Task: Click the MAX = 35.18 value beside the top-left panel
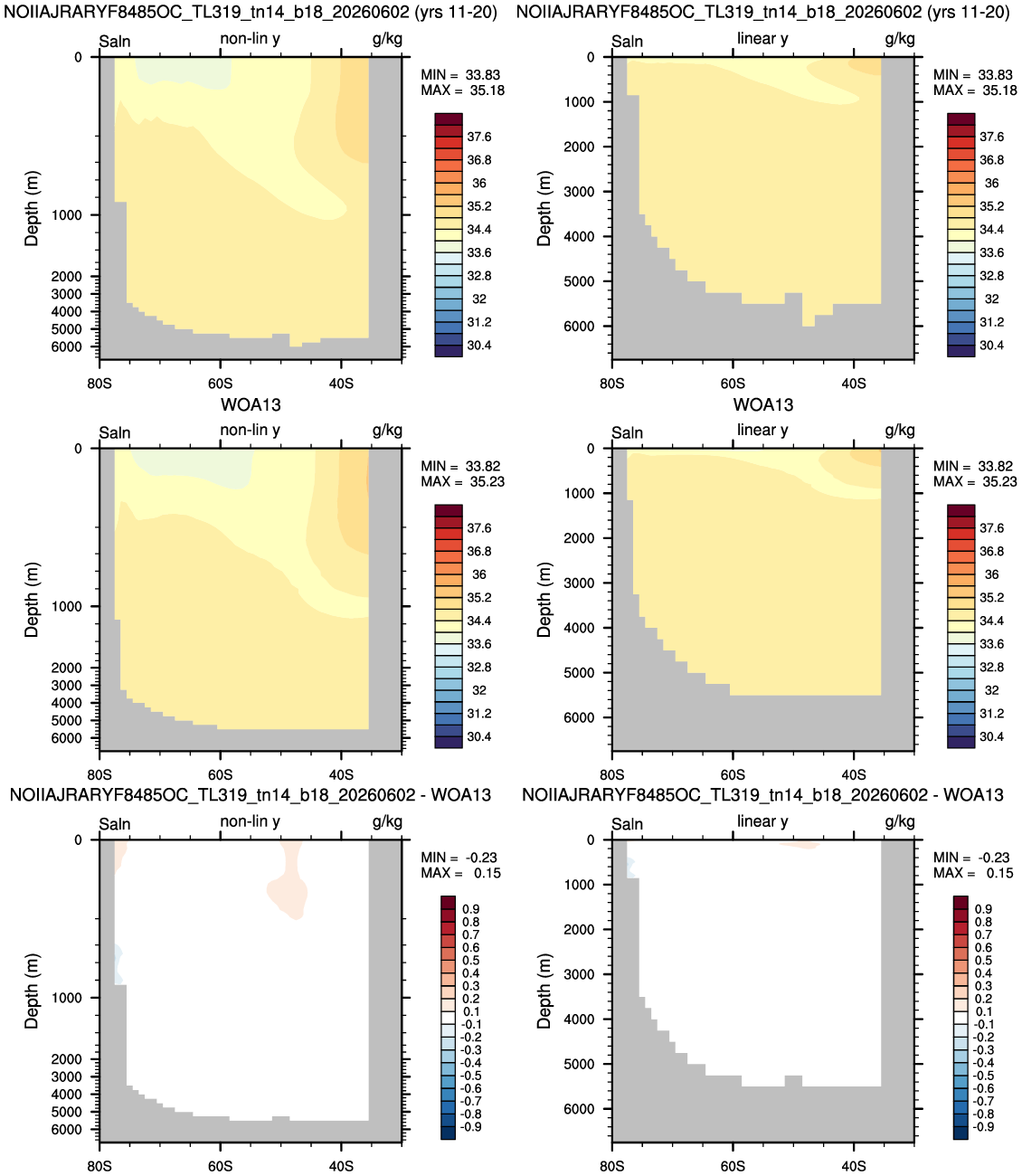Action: tap(462, 90)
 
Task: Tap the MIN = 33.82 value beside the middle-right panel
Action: tap(974, 466)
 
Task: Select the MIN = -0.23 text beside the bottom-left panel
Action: tap(459, 858)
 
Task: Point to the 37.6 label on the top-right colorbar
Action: tap(991, 137)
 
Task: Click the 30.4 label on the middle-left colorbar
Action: tap(478, 737)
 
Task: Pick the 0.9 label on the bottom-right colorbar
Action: tap(983, 909)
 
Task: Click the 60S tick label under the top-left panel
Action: tap(220, 384)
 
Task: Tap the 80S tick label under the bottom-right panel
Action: tap(611, 1166)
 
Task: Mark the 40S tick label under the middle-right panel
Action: tap(854, 775)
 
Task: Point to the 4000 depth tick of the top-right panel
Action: tap(579, 236)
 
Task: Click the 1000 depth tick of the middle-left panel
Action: tap(67, 606)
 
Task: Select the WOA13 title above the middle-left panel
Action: tap(251, 404)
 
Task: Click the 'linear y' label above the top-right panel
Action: tap(762, 39)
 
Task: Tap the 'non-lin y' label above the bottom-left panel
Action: tap(250, 822)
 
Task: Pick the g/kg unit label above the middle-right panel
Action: tap(900, 431)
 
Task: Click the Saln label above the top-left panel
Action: tap(114, 42)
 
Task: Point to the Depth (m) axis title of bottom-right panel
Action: tap(544, 991)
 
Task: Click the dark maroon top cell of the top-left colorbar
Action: tap(448, 119)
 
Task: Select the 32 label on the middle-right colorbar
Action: tap(991, 690)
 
